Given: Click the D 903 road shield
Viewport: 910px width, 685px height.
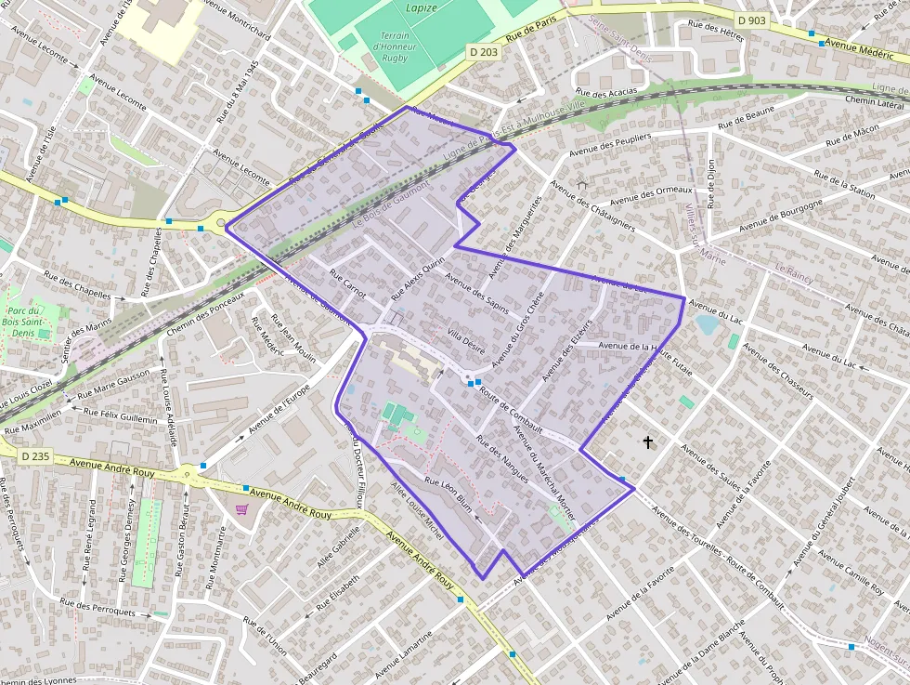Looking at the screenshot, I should click(x=751, y=20).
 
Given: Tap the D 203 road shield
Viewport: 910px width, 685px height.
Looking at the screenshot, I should click(x=484, y=52).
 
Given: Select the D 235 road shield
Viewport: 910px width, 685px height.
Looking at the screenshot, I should click(x=34, y=455).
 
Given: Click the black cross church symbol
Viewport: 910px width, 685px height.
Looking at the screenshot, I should click(x=648, y=443).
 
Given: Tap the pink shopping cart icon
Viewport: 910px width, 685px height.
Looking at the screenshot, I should click(x=242, y=509).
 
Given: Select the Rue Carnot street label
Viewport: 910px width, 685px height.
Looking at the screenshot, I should click(x=348, y=287).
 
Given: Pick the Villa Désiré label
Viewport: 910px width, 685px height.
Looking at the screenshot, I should click(x=466, y=336).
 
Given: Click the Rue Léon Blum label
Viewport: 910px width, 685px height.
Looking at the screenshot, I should click(x=449, y=493).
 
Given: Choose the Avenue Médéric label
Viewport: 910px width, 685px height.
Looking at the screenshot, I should click(x=859, y=48).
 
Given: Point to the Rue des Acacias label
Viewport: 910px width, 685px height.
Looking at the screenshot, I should click(x=606, y=92).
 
